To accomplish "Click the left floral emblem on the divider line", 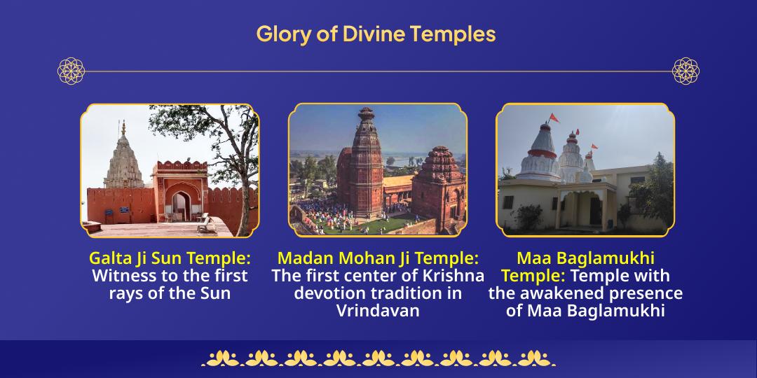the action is [x=71, y=71].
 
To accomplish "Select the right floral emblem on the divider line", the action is [x=686, y=71].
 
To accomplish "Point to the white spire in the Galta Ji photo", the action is [x=123, y=157].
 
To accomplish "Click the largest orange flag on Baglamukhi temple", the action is [x=553, y=118].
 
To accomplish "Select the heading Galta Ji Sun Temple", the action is [x=170, y=258].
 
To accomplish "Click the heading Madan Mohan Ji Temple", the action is [x=378, y=258].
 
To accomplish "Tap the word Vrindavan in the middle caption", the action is [x=378, y=311].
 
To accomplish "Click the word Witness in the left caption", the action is [x=123, y=276].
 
